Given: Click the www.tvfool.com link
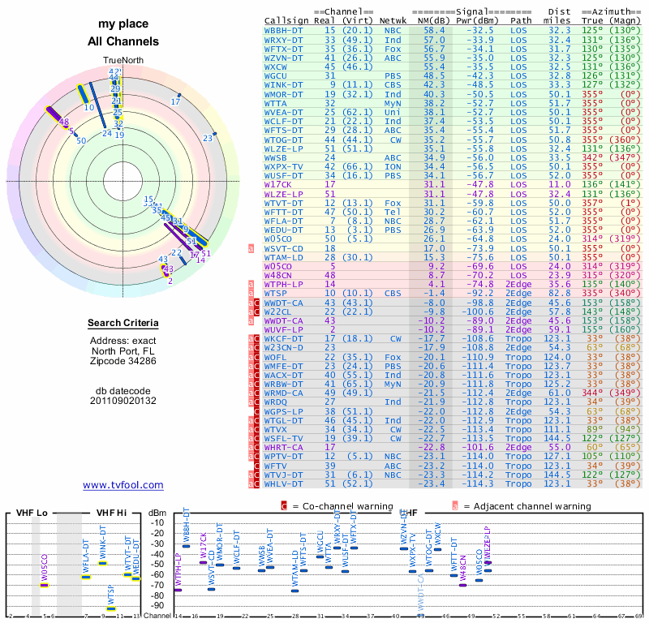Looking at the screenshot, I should click(123, 485).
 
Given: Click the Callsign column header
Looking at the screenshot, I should click(287, 19).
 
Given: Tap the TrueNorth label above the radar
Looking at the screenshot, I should click(122, 61).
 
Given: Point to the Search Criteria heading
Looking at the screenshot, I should click(123, 324).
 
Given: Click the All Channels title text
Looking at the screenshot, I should click(123, 41).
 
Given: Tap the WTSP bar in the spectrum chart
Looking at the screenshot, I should click(111, 608).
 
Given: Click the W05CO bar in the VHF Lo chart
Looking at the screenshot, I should click(45, 585).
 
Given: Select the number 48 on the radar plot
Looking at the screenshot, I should click(64, 122).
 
